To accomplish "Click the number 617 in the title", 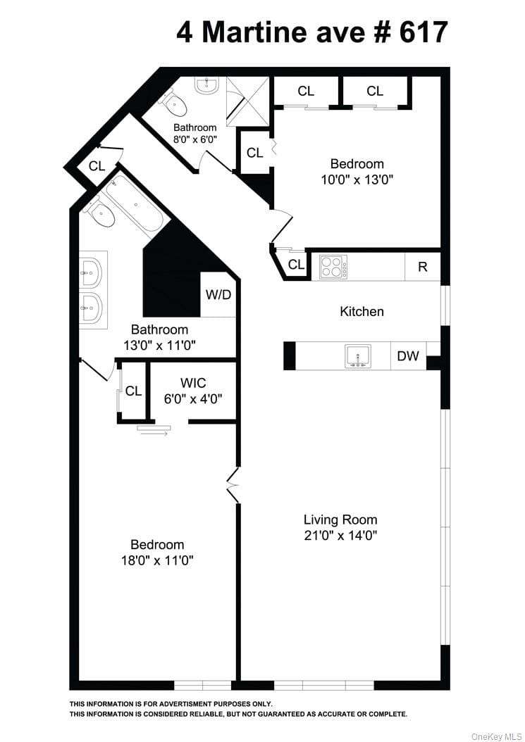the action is click(424, 32).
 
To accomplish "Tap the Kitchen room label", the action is click(362, 311).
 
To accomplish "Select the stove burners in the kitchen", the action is click(333, 266).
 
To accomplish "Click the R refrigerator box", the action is click(423, 267).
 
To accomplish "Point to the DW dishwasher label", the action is click(408, 356).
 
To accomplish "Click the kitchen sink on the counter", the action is click(358, 356).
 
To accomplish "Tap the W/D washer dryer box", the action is click(218, 294).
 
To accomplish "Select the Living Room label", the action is click(340, 520).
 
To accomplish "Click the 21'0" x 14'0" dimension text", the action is click(340, 535).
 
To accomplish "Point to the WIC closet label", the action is click(193, 383).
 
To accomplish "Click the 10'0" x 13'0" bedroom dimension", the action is click(357, 180).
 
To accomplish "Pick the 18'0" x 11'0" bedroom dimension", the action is click(157, 561).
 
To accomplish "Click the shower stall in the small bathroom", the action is click(247, 101).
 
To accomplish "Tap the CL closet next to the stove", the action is click(296, 264).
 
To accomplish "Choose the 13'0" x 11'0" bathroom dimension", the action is click(160, 346).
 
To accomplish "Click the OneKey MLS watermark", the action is click(496, 736).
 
